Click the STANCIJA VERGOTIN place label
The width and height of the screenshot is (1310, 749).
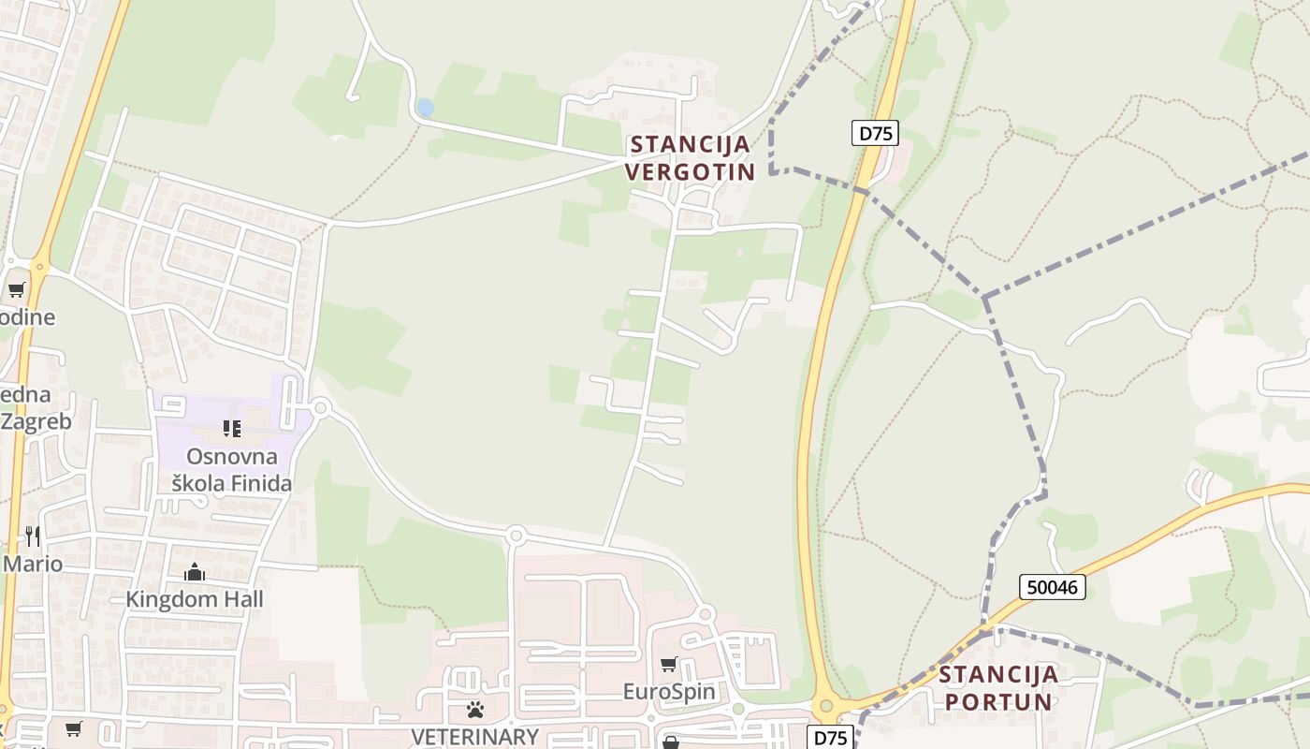click(x=691, y=158)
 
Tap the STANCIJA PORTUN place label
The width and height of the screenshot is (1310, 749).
click(x=998, y=687)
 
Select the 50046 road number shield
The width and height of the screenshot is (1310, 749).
click(x=1053, y=587)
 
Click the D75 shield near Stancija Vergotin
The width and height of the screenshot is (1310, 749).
click(x=875, y=133)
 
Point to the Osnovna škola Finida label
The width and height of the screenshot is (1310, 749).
click(x=232, y=470)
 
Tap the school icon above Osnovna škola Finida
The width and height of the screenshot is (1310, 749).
click(x=231, y=429)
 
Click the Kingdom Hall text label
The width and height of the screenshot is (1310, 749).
click(x=195, y=599)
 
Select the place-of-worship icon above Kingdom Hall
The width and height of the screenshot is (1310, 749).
click(x=195, y=571)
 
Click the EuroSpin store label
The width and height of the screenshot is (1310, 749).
click(x=669, y=692)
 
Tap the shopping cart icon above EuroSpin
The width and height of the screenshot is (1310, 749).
click(x=669, y=664)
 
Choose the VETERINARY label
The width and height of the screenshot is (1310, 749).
click(x=475, y=737)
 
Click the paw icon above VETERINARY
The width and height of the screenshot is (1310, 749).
click(x=475, y=710)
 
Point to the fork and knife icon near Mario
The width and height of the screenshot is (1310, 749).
click(x=33, y=536)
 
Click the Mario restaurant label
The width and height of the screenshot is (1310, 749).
click(x=33, y=564)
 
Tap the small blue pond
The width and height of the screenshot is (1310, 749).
click(x=425, y=108)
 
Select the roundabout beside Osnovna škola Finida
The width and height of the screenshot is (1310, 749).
click(x=321, y=407)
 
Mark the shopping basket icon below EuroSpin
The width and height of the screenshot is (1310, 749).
click(x=671, y=742)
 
